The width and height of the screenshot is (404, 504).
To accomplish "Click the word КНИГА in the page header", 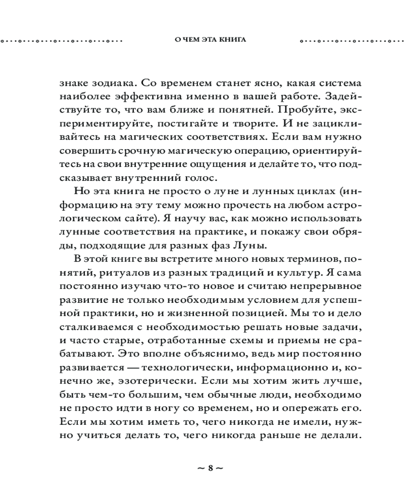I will tap(232, 40).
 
